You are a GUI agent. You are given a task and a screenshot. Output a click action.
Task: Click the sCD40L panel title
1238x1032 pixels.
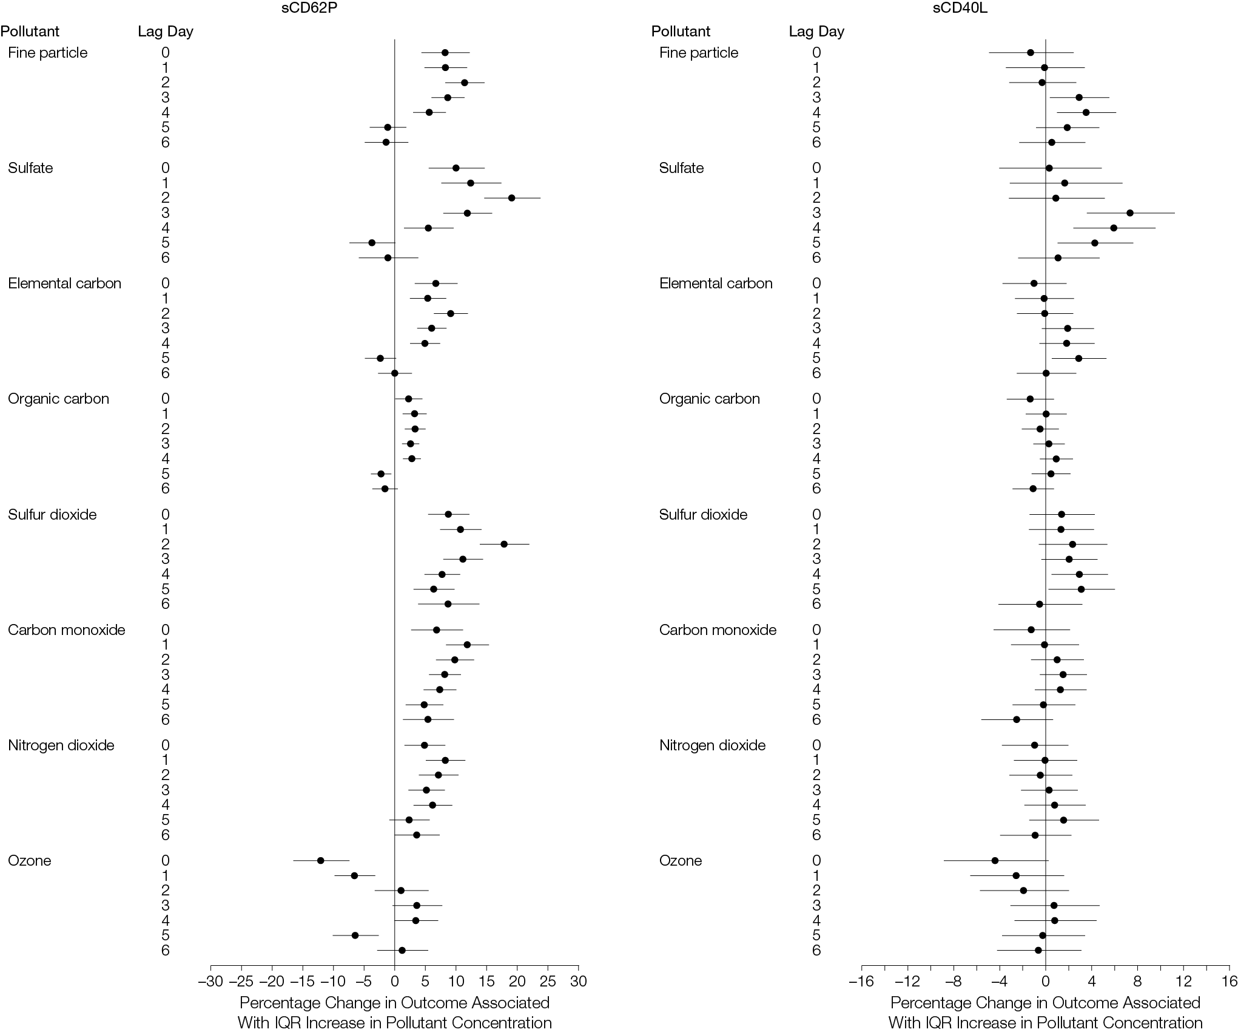(967, 8)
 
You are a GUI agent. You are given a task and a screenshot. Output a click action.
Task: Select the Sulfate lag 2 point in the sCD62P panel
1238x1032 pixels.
(511, 198)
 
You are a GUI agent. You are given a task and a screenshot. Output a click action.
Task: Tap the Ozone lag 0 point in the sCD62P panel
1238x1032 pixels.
(320, 860)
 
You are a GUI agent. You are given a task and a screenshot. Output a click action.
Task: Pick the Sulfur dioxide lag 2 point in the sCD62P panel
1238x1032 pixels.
(504, 544)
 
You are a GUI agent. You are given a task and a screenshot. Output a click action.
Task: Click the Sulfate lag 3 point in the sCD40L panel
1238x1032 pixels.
(1130, 213)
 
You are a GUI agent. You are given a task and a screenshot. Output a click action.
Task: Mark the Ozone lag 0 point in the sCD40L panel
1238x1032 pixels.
(995, 860)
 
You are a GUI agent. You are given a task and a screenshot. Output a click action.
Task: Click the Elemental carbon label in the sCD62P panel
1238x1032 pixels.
(65, 283)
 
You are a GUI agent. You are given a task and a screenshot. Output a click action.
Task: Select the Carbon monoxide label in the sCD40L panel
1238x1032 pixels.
(718, 630)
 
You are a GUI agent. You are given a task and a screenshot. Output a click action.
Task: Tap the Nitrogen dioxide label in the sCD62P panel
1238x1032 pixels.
(61, 745)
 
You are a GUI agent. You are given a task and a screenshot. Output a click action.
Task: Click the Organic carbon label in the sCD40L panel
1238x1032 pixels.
(710, 399)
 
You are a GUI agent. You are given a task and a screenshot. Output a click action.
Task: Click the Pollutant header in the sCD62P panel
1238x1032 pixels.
(30, 32)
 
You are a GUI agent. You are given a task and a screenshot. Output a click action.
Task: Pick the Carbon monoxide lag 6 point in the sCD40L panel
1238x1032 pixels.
(1017, 719)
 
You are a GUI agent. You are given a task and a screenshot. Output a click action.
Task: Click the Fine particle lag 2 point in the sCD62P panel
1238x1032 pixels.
(465, 83)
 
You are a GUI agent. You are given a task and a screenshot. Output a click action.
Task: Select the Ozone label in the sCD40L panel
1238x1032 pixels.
(681, 860)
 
